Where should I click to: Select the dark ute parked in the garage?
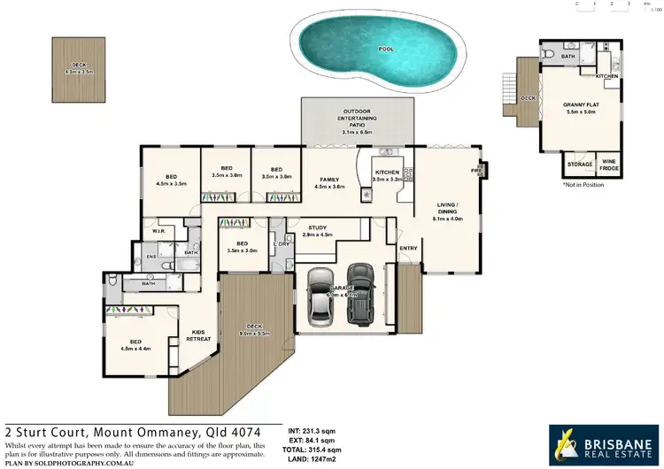click(360, 296)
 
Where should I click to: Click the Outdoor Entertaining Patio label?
click(358, 122)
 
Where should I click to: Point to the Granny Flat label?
click(580, 108)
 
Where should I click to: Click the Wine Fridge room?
click(610, 164)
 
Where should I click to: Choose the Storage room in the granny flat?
click(580, 164)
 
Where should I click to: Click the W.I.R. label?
click(160, 233)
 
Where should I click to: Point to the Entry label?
click(408, 249)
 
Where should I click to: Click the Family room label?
click(329, 181)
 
